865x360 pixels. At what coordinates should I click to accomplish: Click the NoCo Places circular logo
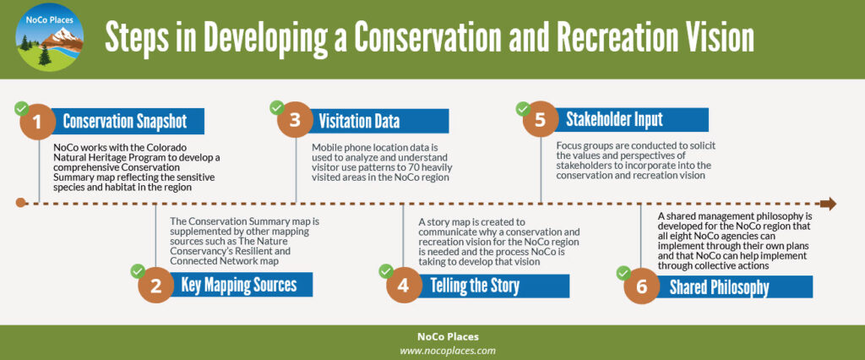49,38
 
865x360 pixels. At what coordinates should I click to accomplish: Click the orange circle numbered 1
36,122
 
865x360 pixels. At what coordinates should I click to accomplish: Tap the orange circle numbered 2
155,285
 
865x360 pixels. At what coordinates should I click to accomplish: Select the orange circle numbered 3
294,121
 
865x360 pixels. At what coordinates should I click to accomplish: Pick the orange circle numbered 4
403,285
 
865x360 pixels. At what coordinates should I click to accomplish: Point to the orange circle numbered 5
540,120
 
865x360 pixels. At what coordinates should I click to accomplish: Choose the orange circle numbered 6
641,286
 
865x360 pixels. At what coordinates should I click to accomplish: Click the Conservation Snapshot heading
124,122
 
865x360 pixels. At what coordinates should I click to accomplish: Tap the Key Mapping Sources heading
239,285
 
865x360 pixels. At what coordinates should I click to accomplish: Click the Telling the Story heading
475,285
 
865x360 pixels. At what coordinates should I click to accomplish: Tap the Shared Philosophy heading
719,287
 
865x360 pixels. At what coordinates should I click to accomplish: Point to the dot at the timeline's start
21,204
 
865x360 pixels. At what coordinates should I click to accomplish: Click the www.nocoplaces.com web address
448,349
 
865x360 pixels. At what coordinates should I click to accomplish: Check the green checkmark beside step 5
522,108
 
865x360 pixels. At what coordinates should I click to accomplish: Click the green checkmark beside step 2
137,271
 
